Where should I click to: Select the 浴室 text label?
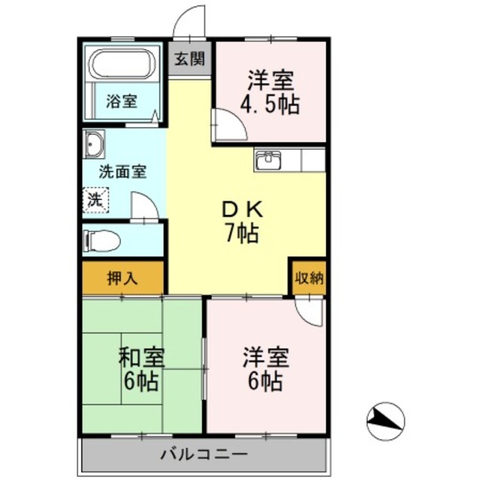click(121, 101)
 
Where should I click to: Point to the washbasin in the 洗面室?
click(95, 144)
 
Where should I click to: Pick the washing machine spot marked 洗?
click(95, 200)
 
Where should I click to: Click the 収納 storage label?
click(308, 277)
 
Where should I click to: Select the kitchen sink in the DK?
click(268, 160)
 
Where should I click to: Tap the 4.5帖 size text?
click(269, 103)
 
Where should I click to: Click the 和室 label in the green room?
click(141, 357)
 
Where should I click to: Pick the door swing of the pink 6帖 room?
click(310, 310)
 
